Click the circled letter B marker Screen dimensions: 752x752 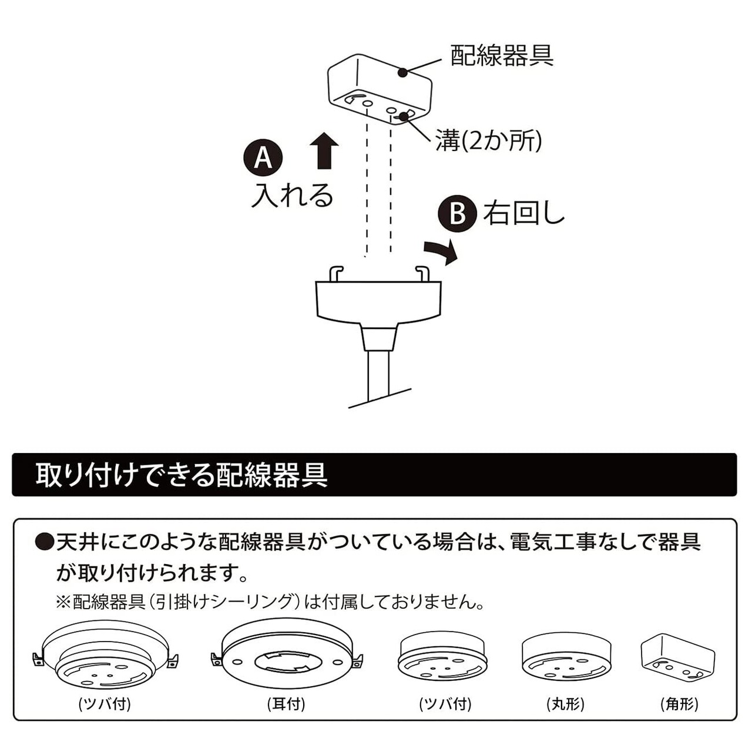[457, 213]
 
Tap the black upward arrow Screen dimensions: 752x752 [324, 150]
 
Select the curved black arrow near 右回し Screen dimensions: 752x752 [442, 251]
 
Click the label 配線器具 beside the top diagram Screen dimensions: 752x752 [502, 55]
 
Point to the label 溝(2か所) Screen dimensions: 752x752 [488, 141]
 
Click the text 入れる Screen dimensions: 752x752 [292, 196]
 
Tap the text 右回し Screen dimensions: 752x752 [523, 213]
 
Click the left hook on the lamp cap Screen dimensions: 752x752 [336, 273]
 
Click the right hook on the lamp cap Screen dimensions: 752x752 [422, 273]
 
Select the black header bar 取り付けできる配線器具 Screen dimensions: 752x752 [374, 475]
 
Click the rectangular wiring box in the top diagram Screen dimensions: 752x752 [380, 88]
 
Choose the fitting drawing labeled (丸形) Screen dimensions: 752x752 [566, 656]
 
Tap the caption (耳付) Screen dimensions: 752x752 [286, 704]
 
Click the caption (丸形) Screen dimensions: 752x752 [565, 704]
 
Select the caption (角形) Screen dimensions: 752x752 [679, 704]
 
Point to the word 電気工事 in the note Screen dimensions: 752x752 [554, 542]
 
